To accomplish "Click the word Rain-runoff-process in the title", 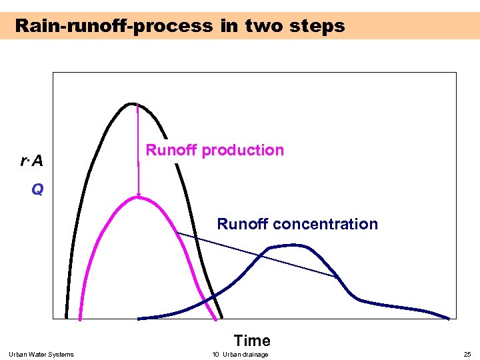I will point(113,26).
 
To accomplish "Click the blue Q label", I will point(37,190).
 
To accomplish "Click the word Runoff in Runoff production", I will point(171,150).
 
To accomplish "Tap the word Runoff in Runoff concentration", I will point(241,224).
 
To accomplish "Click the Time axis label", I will point(252,341).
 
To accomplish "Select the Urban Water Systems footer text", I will point(41,354).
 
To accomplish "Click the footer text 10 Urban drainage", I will point(240,354).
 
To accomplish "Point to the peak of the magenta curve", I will point(139,198).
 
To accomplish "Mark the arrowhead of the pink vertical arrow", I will point(139,195).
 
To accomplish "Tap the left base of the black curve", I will point(67,317).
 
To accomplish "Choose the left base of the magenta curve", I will point(81,317).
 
